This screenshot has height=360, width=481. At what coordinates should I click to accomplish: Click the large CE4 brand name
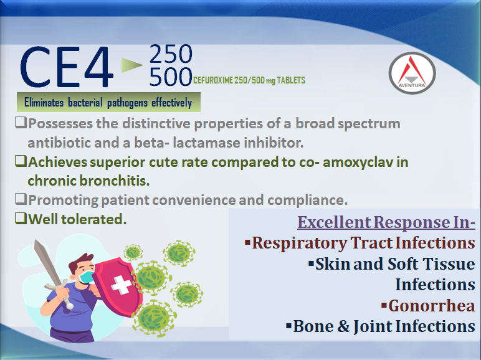[67, 67]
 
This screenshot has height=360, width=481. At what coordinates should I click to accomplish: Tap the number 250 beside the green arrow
[171, 54]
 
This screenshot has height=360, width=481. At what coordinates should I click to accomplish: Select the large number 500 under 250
[171, 77]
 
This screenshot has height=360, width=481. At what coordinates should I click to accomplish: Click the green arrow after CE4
[132, 65]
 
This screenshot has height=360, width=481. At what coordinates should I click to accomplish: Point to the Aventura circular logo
[412, 73]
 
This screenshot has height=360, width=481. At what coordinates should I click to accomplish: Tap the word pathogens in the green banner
[127, 103]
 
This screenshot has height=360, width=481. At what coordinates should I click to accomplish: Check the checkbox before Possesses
[21, 123]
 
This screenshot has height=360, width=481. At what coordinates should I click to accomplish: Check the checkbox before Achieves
[21, 161]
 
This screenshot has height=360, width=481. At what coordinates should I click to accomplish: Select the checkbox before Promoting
[21, 199]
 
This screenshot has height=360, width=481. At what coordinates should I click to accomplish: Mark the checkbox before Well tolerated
[21, 219]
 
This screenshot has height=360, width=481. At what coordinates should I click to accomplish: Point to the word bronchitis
[115, 181]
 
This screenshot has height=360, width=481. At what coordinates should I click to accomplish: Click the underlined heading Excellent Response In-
[386, 222]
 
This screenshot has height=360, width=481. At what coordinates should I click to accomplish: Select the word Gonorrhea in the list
[432, 306]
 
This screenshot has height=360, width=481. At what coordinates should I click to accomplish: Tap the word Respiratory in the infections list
[299, 243]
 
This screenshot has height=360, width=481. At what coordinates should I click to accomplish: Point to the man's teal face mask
[86, 277]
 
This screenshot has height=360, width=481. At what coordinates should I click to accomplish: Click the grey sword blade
[47, 262]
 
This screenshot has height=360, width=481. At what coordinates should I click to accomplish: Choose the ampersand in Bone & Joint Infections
[343, 326]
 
